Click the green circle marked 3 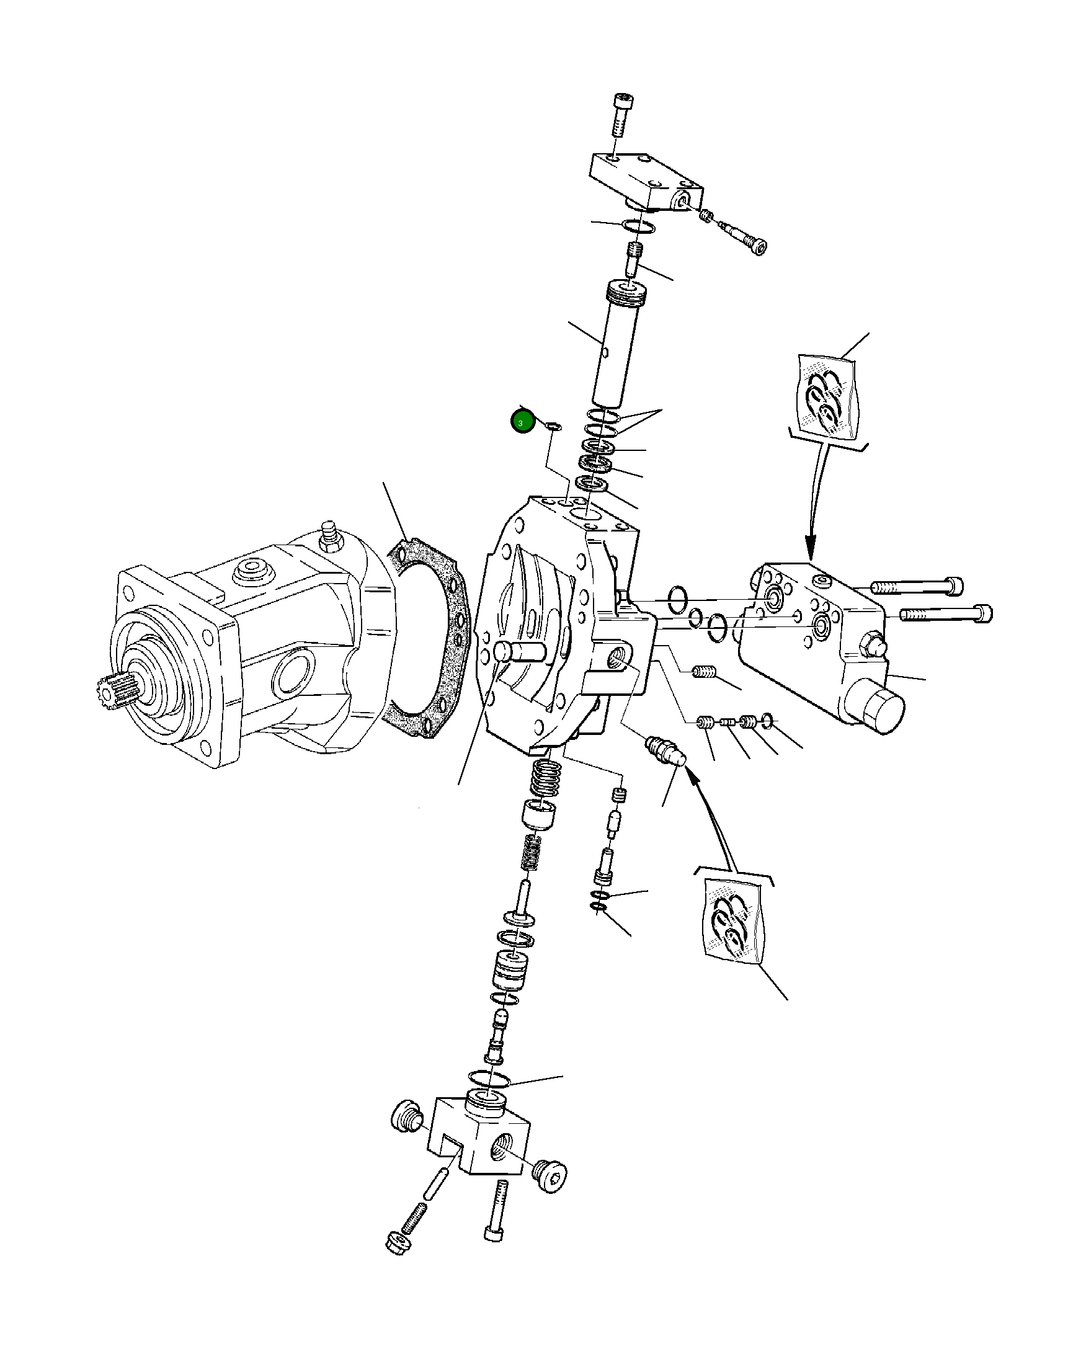521,422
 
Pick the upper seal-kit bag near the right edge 827,398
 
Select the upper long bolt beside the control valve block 917,586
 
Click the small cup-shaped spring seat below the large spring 538,814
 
